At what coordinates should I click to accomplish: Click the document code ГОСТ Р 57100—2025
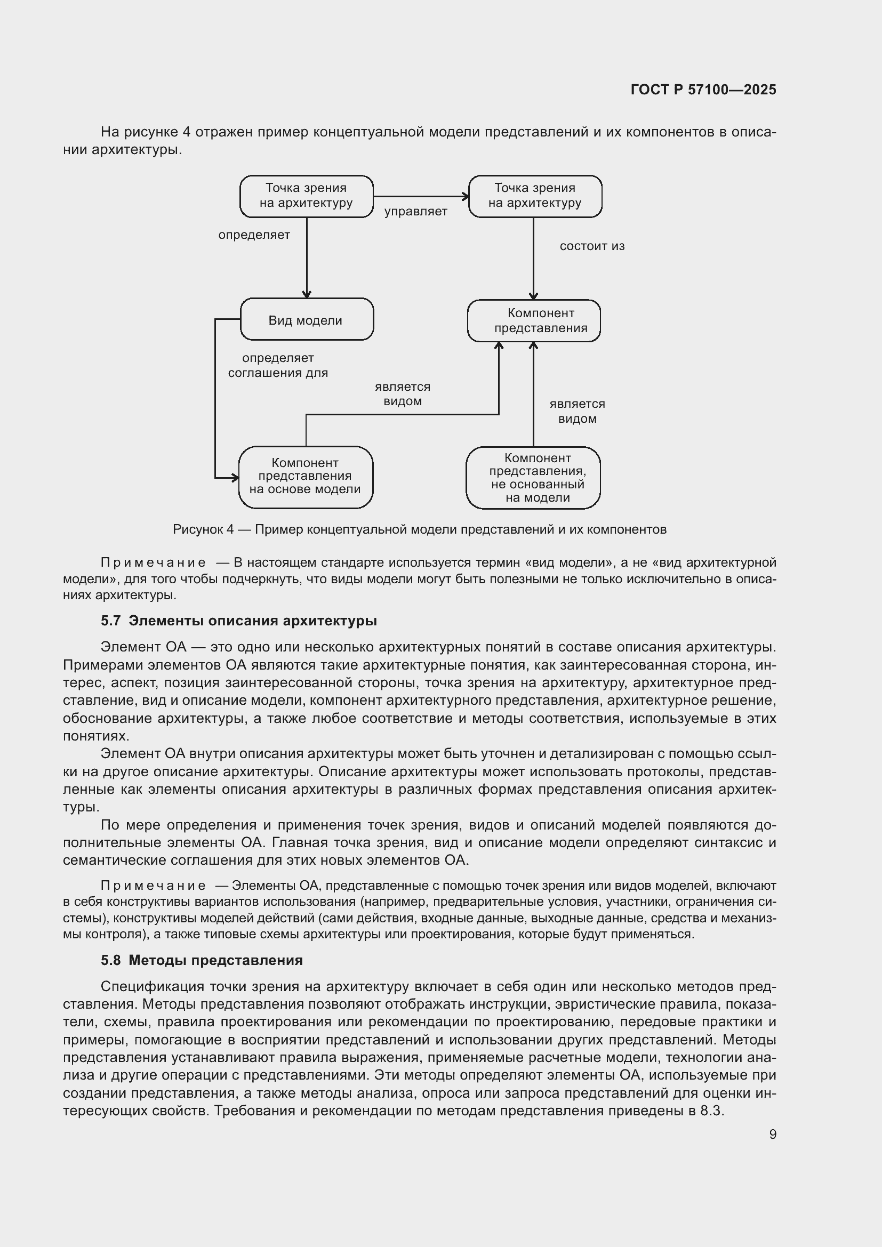[703, 90]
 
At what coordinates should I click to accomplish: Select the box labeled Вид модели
[306, 319]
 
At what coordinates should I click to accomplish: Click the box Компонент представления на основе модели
[306, 477]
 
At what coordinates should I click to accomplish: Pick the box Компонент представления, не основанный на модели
[533, 477]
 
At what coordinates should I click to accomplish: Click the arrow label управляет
[415, 212]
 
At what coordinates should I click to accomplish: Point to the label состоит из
[592, 246]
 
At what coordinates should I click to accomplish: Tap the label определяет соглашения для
[277, 366]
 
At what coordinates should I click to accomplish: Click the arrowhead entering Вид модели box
[306, 295]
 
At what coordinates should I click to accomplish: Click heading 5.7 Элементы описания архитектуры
[239, 621]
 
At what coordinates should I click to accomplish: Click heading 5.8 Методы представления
[202, 960]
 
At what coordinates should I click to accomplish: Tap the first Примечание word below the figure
[153, 562]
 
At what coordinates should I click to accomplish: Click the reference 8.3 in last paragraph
[711, 1111]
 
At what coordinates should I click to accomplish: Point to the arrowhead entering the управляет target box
[466, 197]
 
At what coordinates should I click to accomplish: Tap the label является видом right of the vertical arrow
[577, 411]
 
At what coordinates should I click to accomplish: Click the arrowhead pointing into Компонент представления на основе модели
[236, 478]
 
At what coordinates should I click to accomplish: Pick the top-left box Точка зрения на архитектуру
[306, 196]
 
